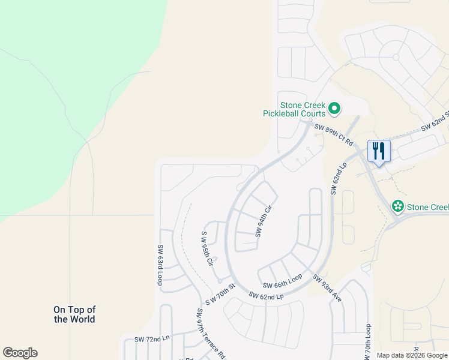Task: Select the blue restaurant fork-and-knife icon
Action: pyautogui.click(x=378, y=151)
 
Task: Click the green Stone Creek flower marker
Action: pyautogui.click(x=397, y=206)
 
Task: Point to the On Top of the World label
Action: pyautogui.click(x=74, y=314)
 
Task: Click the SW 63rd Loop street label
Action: pyautogui.click(x=160, y=265)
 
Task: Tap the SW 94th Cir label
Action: pyautogui.click(x=265, y=220)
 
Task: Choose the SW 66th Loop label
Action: pyautogui.click(x=283, y=281)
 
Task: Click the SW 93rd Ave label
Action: pyautogui.click(x=327, y=288)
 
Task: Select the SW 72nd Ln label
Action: pyautogui.click(x=152, y=339)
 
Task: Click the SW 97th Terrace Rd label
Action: pyautogui.click(x=210, y=333)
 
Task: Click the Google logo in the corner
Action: pyautogui.click(x=20, y=353)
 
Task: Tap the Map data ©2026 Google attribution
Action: pyautogui.click(x=411, y=355)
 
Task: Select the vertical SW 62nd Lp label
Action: pyautogui.click(x=337, y=178)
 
